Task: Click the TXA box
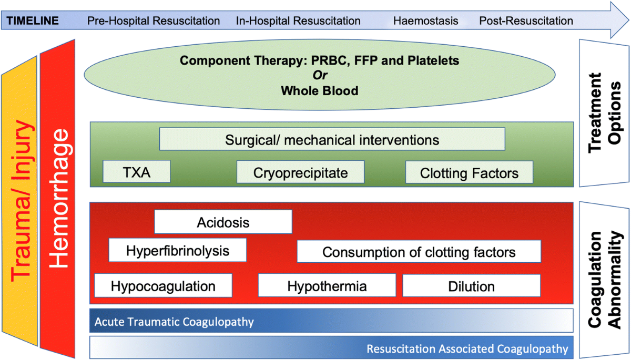(x=137, y=172)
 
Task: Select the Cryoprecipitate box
(x=300, y=172)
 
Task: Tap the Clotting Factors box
(x=469, y=172)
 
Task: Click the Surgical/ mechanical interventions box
(x=332, y=140)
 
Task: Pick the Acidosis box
(x=223, y=222)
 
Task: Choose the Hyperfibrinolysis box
(x=178, y=250)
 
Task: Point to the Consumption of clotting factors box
(x=419, y=252)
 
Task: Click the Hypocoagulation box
(x=163, y=286)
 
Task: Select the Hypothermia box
(x=327, y=286)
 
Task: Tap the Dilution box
(x=471, y=286)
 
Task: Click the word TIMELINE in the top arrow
(x=36, y=21)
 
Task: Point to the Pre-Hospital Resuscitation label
(x=154, y=21)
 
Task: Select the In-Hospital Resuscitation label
(x=298, y=21)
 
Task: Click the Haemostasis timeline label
(x=425, y=21)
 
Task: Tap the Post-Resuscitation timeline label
(x=526, y=21)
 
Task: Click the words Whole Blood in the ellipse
(x=319, y=90)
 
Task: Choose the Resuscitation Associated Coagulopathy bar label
(x=467, y=348)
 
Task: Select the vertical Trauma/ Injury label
(x=20, y=210)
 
